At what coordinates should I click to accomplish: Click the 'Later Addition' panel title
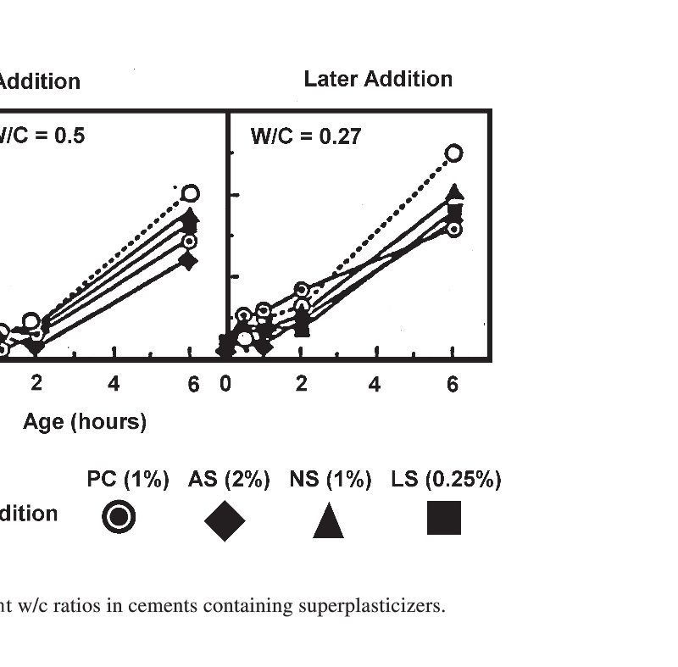click(378, 80)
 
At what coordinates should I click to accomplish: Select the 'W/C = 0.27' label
click(306, 136)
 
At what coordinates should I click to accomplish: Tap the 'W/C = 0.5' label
click(42, 136)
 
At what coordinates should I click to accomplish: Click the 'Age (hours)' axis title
click(85, 421)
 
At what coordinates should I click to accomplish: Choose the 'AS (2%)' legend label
click(229, 480)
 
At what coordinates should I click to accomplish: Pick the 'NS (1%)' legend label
click(331, 480)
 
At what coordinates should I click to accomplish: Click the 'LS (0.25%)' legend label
click(446, 480)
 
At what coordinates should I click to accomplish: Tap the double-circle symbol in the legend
click(119, 517)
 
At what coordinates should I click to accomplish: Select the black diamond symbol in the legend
click(225, 520)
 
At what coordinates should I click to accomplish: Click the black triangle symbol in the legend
click(328, 520)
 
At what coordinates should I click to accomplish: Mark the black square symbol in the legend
click(444, 518)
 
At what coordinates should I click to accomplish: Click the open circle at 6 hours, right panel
click(453, 153)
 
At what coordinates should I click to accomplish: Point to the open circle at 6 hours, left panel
click(191, 193)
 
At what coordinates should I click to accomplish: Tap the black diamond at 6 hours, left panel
click(188, 260)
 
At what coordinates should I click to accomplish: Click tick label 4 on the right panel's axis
click(375, 384)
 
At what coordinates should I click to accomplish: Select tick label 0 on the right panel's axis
click(225, 384)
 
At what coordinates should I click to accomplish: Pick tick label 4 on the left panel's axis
click(114, 384)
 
